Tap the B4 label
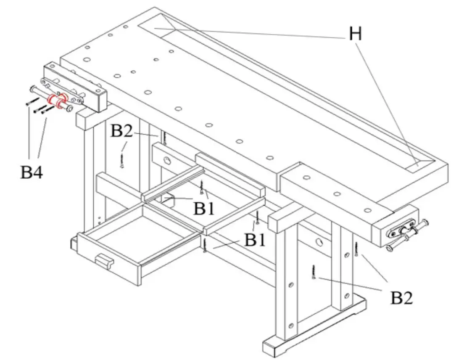[32, 172]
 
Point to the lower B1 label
[255, 240]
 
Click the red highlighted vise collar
[57, 101]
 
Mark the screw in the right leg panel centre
[314, 272]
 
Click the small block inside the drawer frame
[170, 199]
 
